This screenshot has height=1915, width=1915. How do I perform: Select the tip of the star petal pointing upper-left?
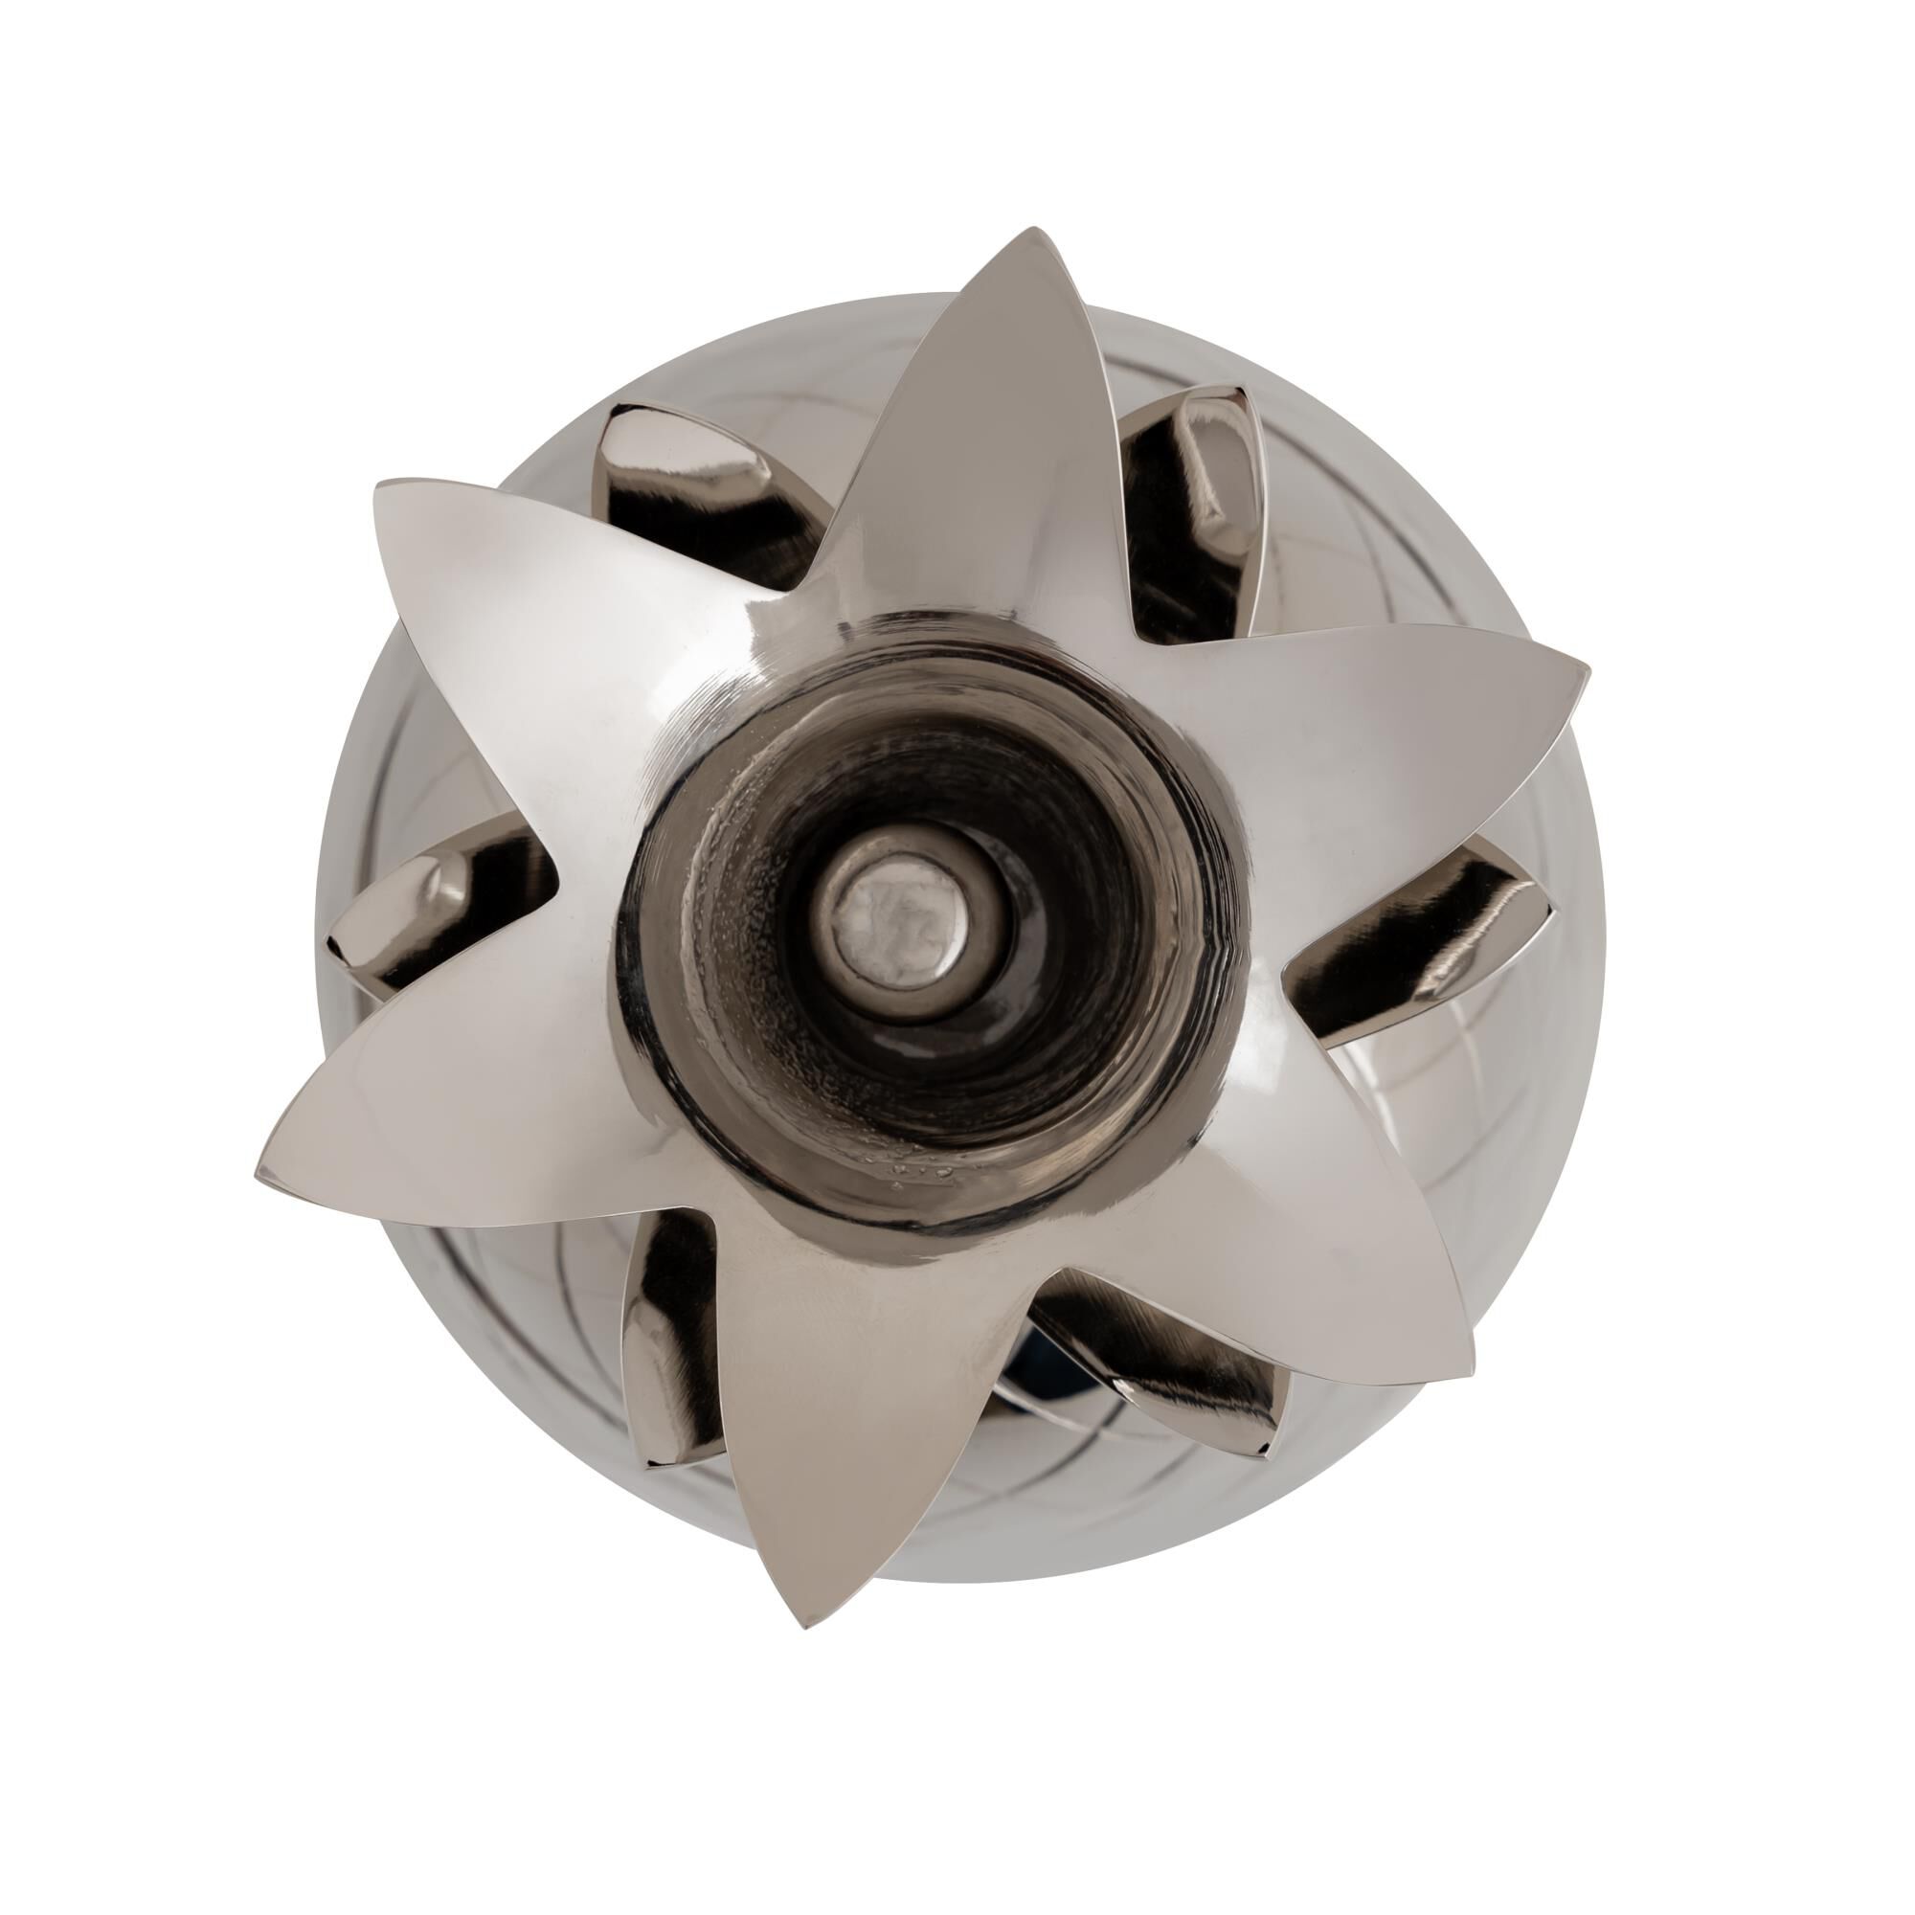click(x=379, y=485)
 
